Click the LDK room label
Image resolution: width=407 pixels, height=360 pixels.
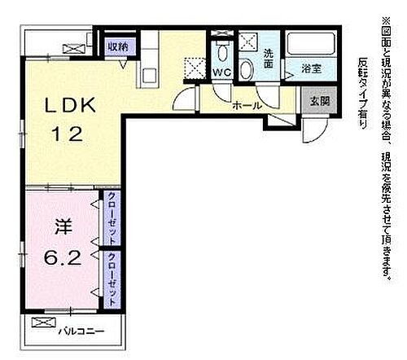point(71,106)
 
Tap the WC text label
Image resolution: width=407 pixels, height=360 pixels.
point(222,72)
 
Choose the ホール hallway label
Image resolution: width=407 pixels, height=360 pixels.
point(246,106)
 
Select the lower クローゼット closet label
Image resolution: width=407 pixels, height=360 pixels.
point(110,276)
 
